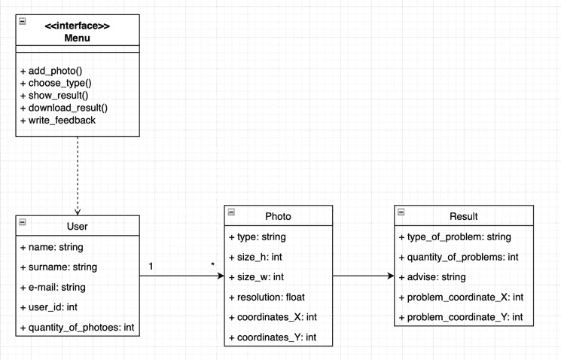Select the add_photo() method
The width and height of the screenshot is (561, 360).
(51, 71)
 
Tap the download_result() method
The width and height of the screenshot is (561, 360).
(64, 108)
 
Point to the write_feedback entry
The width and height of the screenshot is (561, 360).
(58, 121)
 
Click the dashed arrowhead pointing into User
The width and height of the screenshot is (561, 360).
(78, 212)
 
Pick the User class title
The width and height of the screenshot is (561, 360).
(78, 226)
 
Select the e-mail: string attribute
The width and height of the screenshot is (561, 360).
(53, 288)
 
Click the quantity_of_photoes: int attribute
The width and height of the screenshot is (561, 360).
(78, 328)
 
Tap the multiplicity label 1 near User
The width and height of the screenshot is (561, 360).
(151, 267)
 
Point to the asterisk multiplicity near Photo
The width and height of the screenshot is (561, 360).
(213, 265)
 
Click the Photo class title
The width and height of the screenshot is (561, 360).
(278, 216)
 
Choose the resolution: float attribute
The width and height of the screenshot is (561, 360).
(267, 297)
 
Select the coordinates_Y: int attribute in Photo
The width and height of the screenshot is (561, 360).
(273, 337)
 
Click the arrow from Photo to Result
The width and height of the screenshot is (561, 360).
(364, 276)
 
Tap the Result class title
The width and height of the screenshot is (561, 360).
(464, 216)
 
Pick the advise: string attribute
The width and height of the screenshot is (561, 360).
(432, 277)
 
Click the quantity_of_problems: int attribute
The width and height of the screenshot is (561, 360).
(459, 257)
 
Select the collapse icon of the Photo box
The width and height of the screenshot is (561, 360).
(231, 212)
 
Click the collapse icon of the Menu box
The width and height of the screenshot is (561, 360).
(22, 22)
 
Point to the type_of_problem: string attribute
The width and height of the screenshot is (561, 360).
(455, 237)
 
